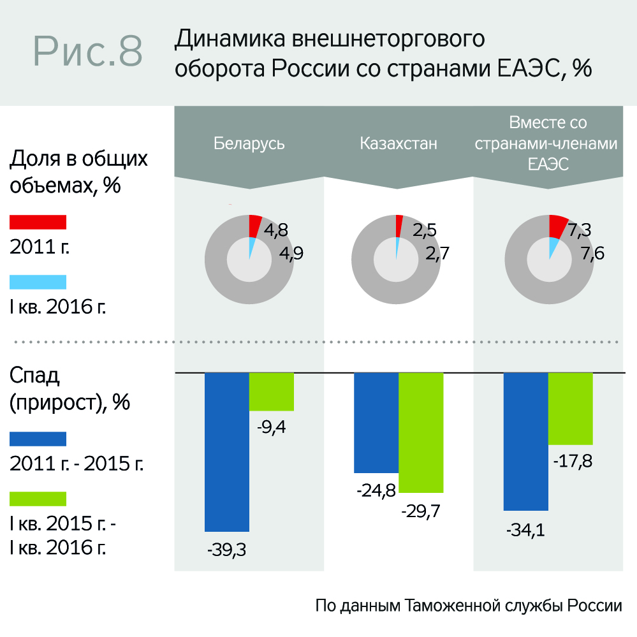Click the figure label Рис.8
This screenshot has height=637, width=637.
(88, 51)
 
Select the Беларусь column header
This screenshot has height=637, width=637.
(249, 143)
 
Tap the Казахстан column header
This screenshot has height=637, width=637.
(399, 143)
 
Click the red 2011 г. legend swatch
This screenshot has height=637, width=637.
(38, 221)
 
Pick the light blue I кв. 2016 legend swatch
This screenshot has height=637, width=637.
(38, 282)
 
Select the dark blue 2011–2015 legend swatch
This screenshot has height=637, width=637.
(38, 439)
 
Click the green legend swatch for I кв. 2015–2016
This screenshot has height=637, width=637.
(38, 498)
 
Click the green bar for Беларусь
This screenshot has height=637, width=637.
(271, 392)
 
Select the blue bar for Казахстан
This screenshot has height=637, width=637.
(376, 422)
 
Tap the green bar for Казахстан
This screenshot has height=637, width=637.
(421, 432)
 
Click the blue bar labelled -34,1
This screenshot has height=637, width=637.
(526, 441)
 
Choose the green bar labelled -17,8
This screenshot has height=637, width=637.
(571, 408)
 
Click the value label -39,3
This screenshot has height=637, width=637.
(226, 550)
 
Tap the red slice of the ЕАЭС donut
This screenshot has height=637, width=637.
(557, 225)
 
